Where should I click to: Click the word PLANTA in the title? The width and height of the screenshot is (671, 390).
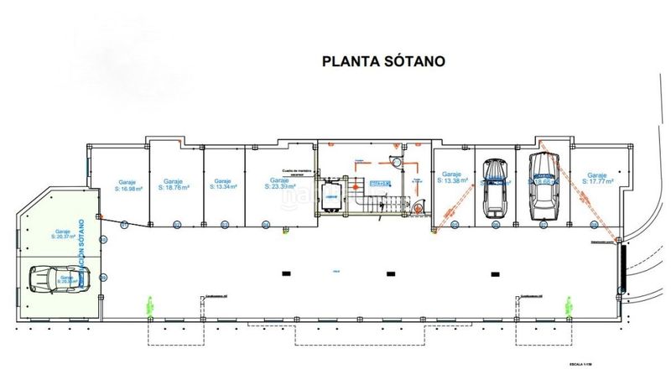352,61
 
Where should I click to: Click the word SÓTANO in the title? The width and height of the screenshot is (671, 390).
414,61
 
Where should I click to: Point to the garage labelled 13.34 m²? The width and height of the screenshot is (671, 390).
222,185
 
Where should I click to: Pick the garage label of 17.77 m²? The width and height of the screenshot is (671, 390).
599,178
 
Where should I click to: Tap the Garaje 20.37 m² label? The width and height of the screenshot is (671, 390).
61,235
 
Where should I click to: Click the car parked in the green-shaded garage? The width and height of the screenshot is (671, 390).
55,278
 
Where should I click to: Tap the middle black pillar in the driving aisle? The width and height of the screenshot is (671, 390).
389,273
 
